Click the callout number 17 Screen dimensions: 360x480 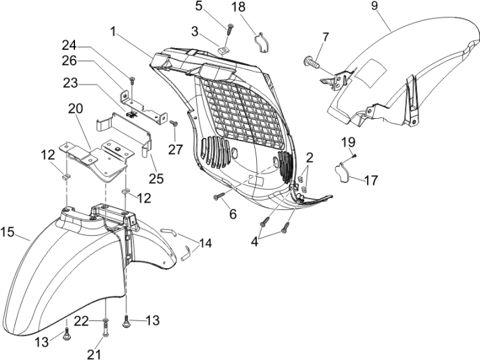click(x=370, y=180)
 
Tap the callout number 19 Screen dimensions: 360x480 click(x=347, y=142)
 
